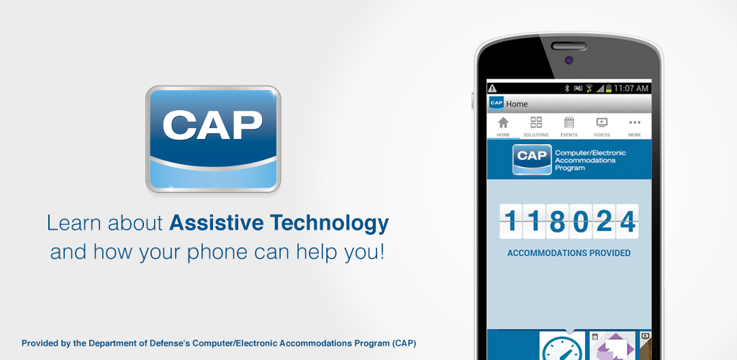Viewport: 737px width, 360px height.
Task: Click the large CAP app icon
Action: click(213, 140)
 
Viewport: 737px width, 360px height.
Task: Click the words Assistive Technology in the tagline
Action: click(279, 223)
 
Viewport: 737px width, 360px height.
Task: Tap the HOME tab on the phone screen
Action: click(503, 127)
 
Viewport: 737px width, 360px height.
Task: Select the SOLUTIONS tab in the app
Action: click(536, 127)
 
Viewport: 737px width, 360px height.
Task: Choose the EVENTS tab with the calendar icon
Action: click(569, 127)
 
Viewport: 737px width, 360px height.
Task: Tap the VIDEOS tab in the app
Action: click(602, 127)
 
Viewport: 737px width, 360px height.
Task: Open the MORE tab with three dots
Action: click(634, 127)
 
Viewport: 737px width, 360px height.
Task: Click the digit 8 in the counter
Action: click(557, 222)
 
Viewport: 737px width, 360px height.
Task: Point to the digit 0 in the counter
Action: click(580, 222)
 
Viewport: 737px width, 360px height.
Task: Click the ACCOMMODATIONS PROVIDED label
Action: click(569, 253)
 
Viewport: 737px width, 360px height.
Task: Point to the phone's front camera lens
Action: click(569, 60)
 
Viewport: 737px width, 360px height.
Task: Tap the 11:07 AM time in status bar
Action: click(632, 89)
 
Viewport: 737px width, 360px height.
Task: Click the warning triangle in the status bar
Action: click(493, 89)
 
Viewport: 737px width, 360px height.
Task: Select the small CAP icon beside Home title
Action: click(496, 104)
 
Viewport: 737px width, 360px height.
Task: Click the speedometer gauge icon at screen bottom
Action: click(563, 348)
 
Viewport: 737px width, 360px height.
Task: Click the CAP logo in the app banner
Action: click(532, 159)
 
